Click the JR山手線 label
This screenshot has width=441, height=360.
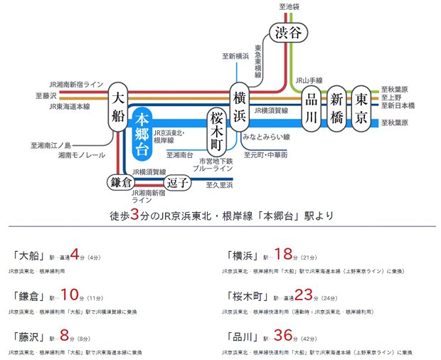coord(309,80)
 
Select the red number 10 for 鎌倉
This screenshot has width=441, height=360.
coord(68,295)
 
